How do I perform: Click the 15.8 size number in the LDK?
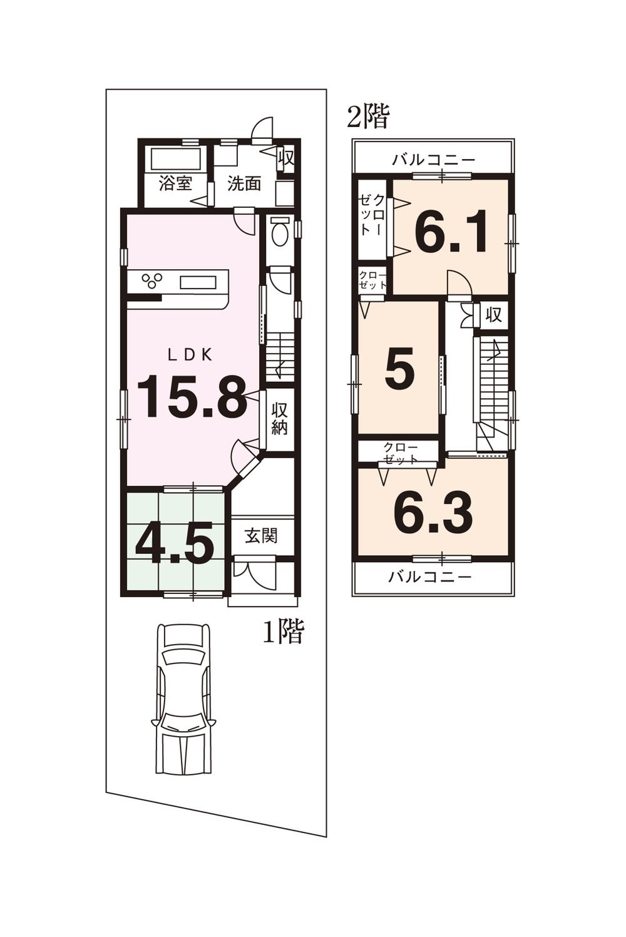(x=191, y=396)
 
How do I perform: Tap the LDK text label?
(x=190, y=355)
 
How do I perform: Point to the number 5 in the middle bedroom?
(x=399, y=369)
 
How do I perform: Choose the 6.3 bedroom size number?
(x=433, y=513)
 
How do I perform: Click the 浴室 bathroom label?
(x=175, y=183)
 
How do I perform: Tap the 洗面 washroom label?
(x=244, y=183)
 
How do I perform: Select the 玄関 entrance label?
(x=260, y=536)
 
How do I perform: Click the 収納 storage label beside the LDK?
(x=279, y=419)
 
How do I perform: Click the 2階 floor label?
(x=369, y=116)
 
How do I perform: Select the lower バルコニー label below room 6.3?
(x=429, y=576)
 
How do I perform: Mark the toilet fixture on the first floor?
(x=280, y=233)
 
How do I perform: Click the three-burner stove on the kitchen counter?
(x=152, y=280)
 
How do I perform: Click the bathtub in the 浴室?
(x=175, y=159)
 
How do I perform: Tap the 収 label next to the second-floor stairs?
(x=494, y=315)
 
